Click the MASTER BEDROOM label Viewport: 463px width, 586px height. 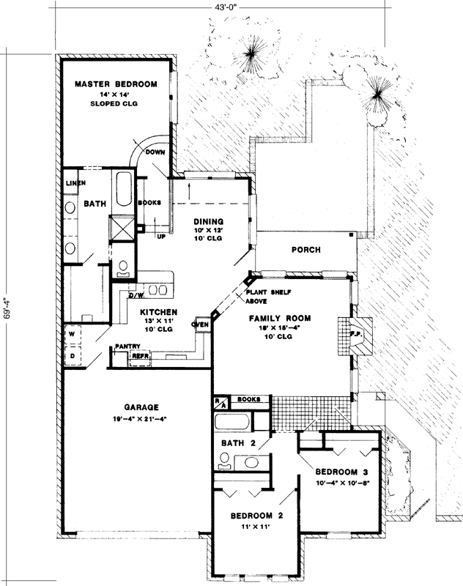pyautogui.click(x=116, y=85)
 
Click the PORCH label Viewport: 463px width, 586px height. pyautogui.click(x=305, y=250)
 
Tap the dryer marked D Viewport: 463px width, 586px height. pyautogui.click(x=73, y=356)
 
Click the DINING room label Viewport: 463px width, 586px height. pyautogui.click(x=207, y=221)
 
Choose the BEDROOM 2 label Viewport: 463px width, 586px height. pyautogui.click(x=251, y=513)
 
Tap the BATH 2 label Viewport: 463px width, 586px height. pyautogui.click(x=239, y=443)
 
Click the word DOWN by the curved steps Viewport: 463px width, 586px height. pyautogui.click(x=155, y=152)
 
